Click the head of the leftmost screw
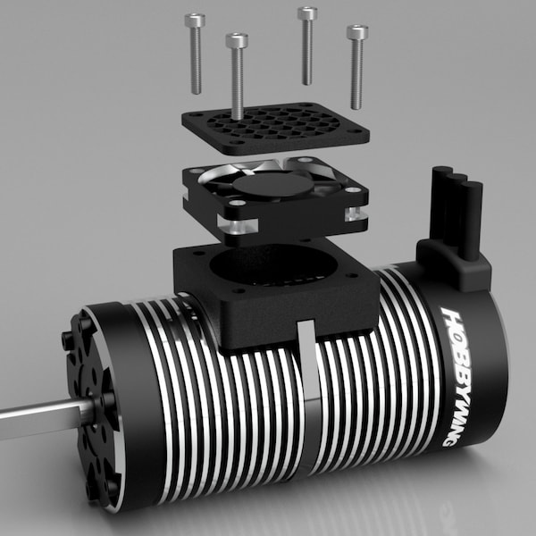coord(195,20)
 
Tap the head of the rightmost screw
coord(357,33)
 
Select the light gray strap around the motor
coord(306,402)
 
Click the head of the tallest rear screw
coord(307,13)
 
